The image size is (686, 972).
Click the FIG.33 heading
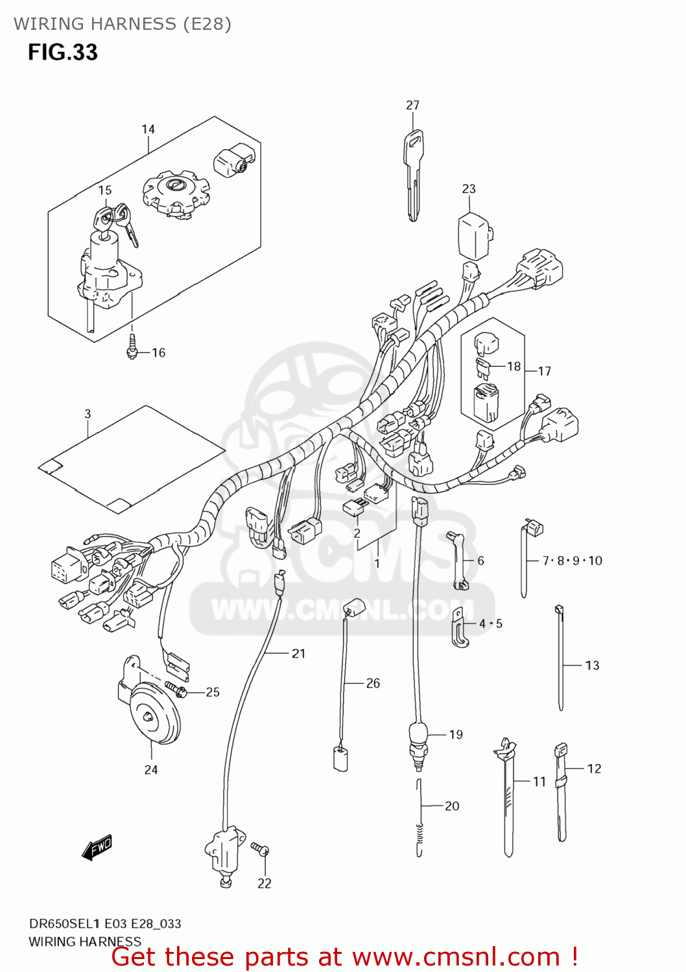pyautogui.click(x=62, y=52)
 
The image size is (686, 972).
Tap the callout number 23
pyautogui.click(x=468, y=189)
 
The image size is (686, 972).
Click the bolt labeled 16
pyautogui.click(x=132, y=347)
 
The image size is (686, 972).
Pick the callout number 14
pyautogui.click(x=148, y=129)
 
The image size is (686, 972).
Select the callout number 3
pyautogui.click(x=88, y=413)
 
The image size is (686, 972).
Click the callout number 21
pyautogui.click(x=298, y=653)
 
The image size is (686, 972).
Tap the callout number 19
pyautogui.click(x=456, y=734)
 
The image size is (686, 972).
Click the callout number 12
pyautogui.click(x=594, y=769)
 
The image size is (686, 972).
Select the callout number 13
pyautogui.click(x=592, y=665)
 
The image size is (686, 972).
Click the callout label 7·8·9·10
pyautogui.click(x=572, y=561)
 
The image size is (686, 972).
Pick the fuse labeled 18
pyautogui.click(x=483, y=368)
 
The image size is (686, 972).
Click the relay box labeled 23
pyautogui.click(x=475, y=235)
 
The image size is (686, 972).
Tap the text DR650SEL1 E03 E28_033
pyautogui.click(x=105, y=923)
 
